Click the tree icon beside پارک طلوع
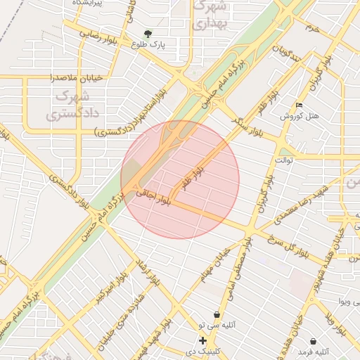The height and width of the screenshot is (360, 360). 148,33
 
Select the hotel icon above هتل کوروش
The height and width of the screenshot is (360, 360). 300,105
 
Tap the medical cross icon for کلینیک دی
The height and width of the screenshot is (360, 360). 202,340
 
